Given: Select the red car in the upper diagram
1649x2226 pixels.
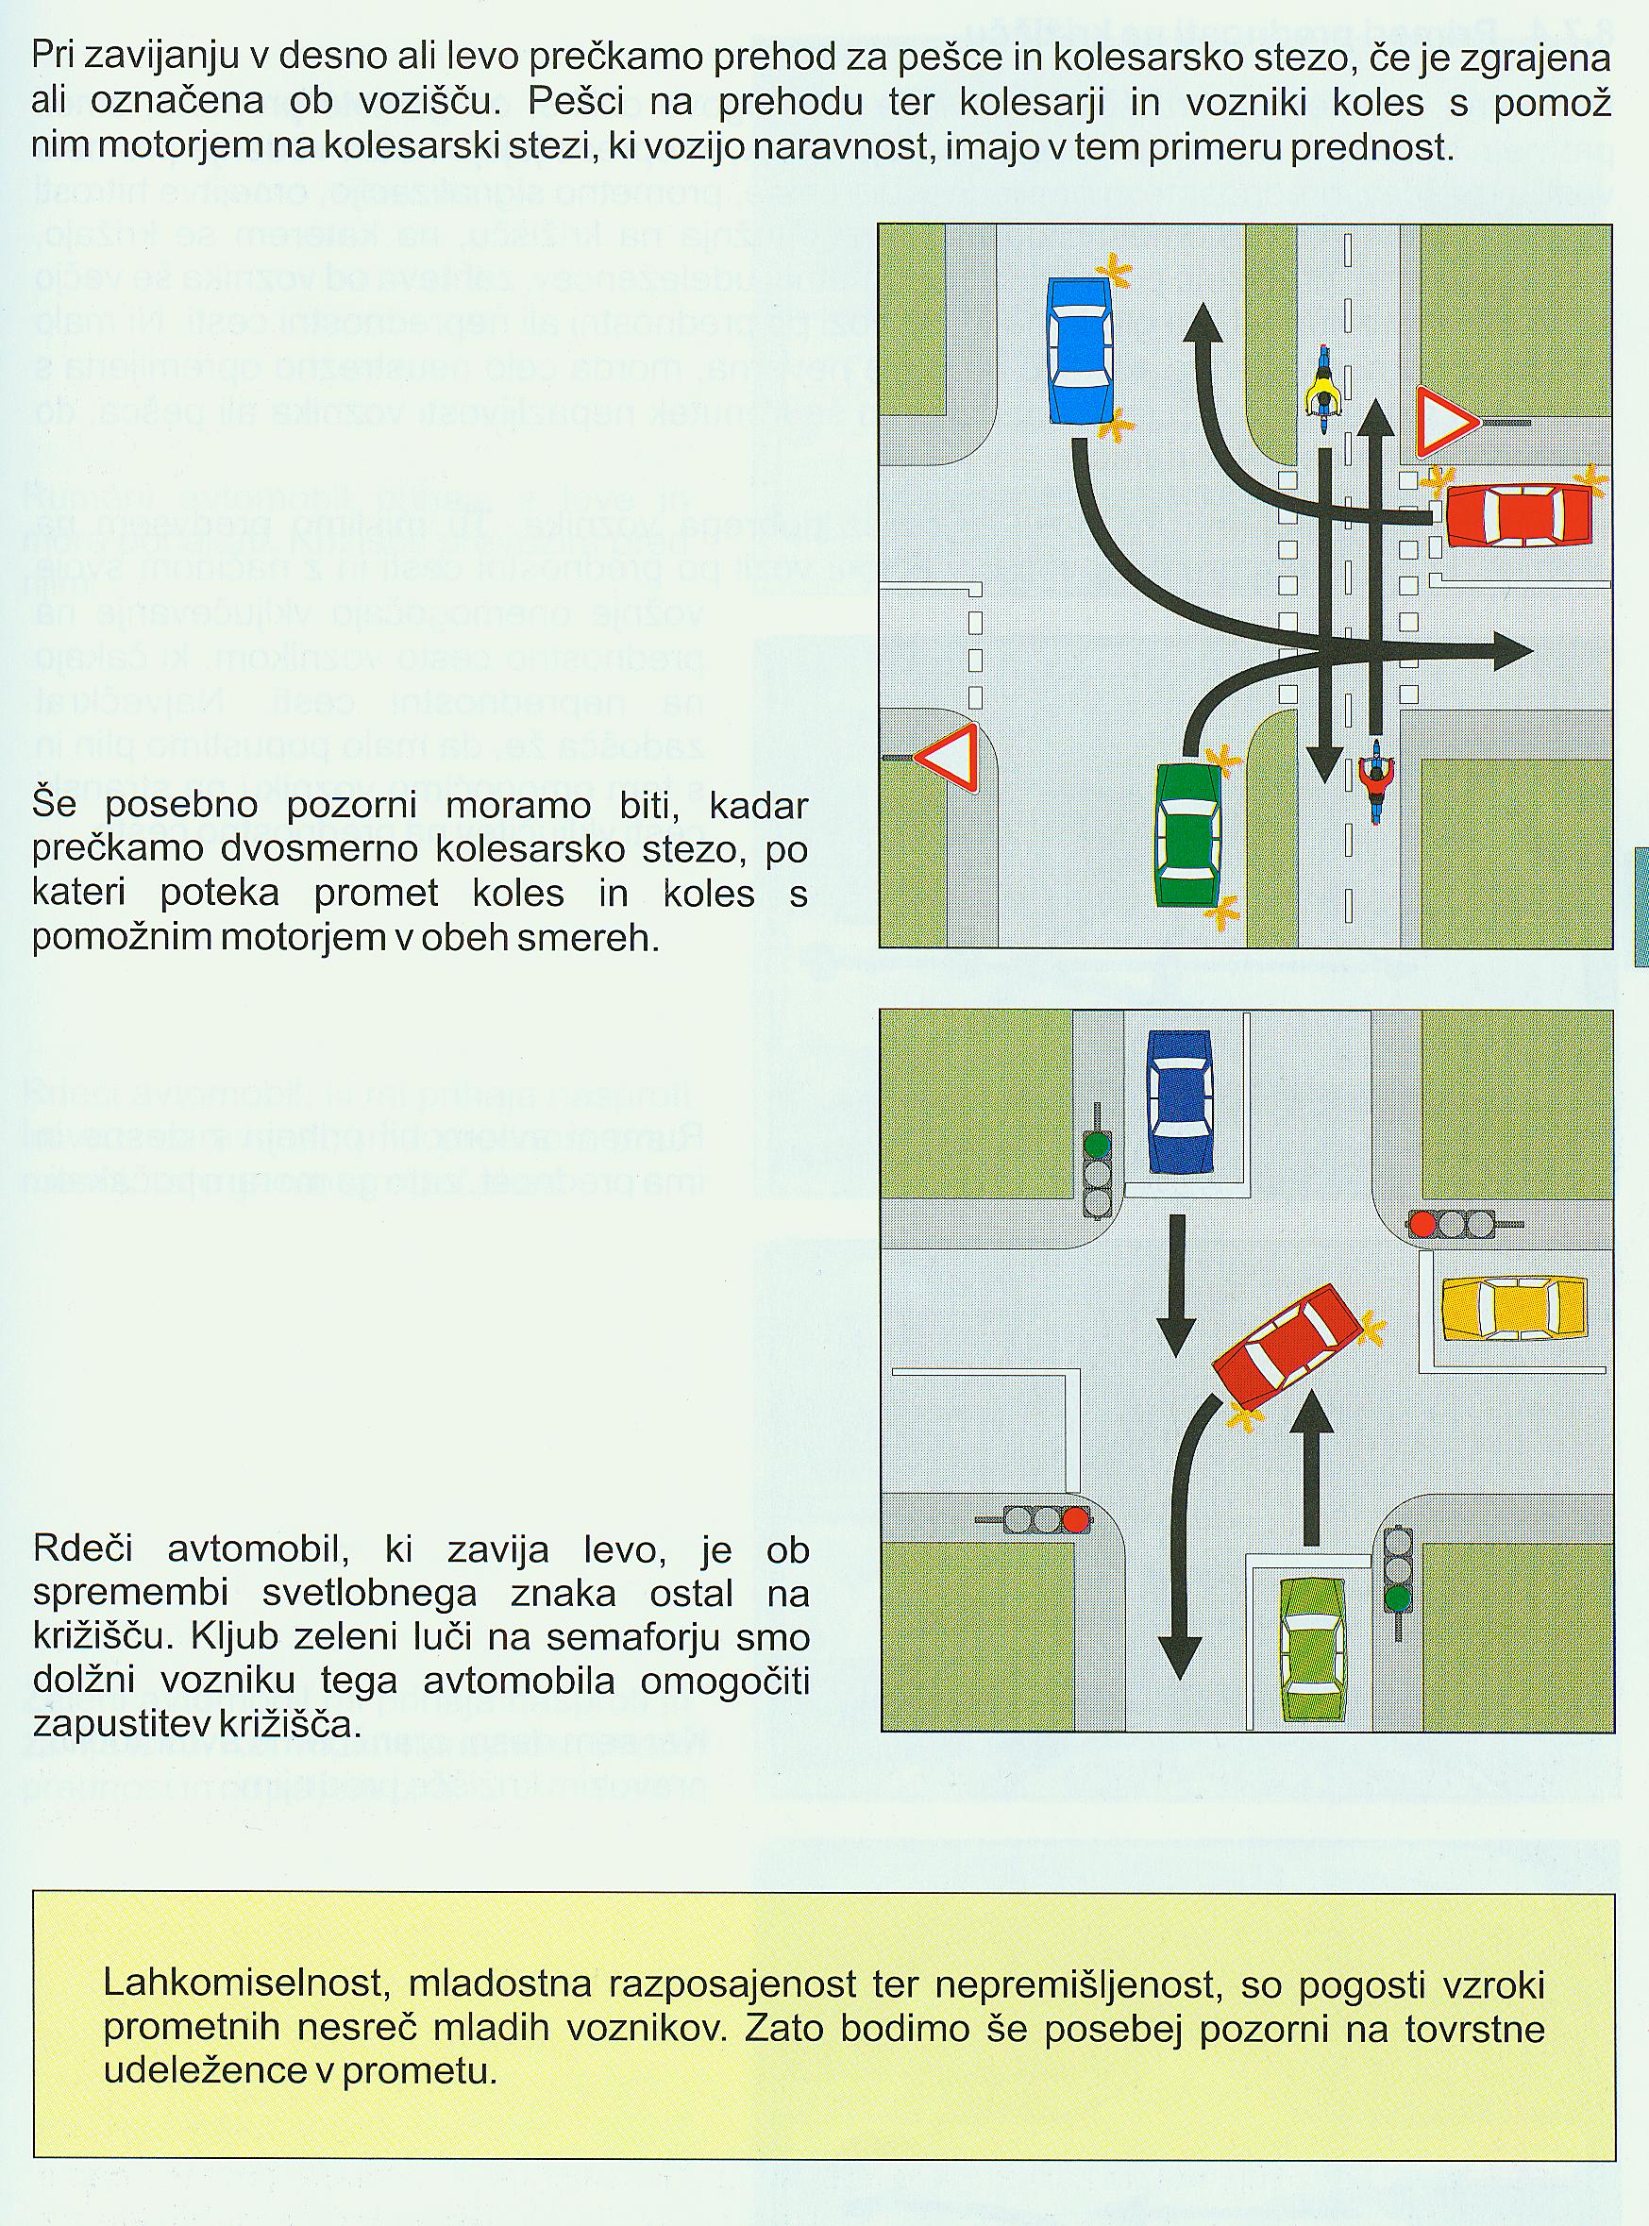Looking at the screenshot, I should point(1518,515).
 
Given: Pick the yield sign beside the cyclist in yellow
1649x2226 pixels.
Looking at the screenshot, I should point(1443,423).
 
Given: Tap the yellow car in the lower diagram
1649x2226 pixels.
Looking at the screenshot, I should point(1513,1307).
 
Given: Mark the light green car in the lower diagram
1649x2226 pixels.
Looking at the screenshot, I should point(1313,1650).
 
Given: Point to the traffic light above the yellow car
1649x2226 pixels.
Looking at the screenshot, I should point(1453,1222).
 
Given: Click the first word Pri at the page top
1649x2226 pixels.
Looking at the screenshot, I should point(53,57).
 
